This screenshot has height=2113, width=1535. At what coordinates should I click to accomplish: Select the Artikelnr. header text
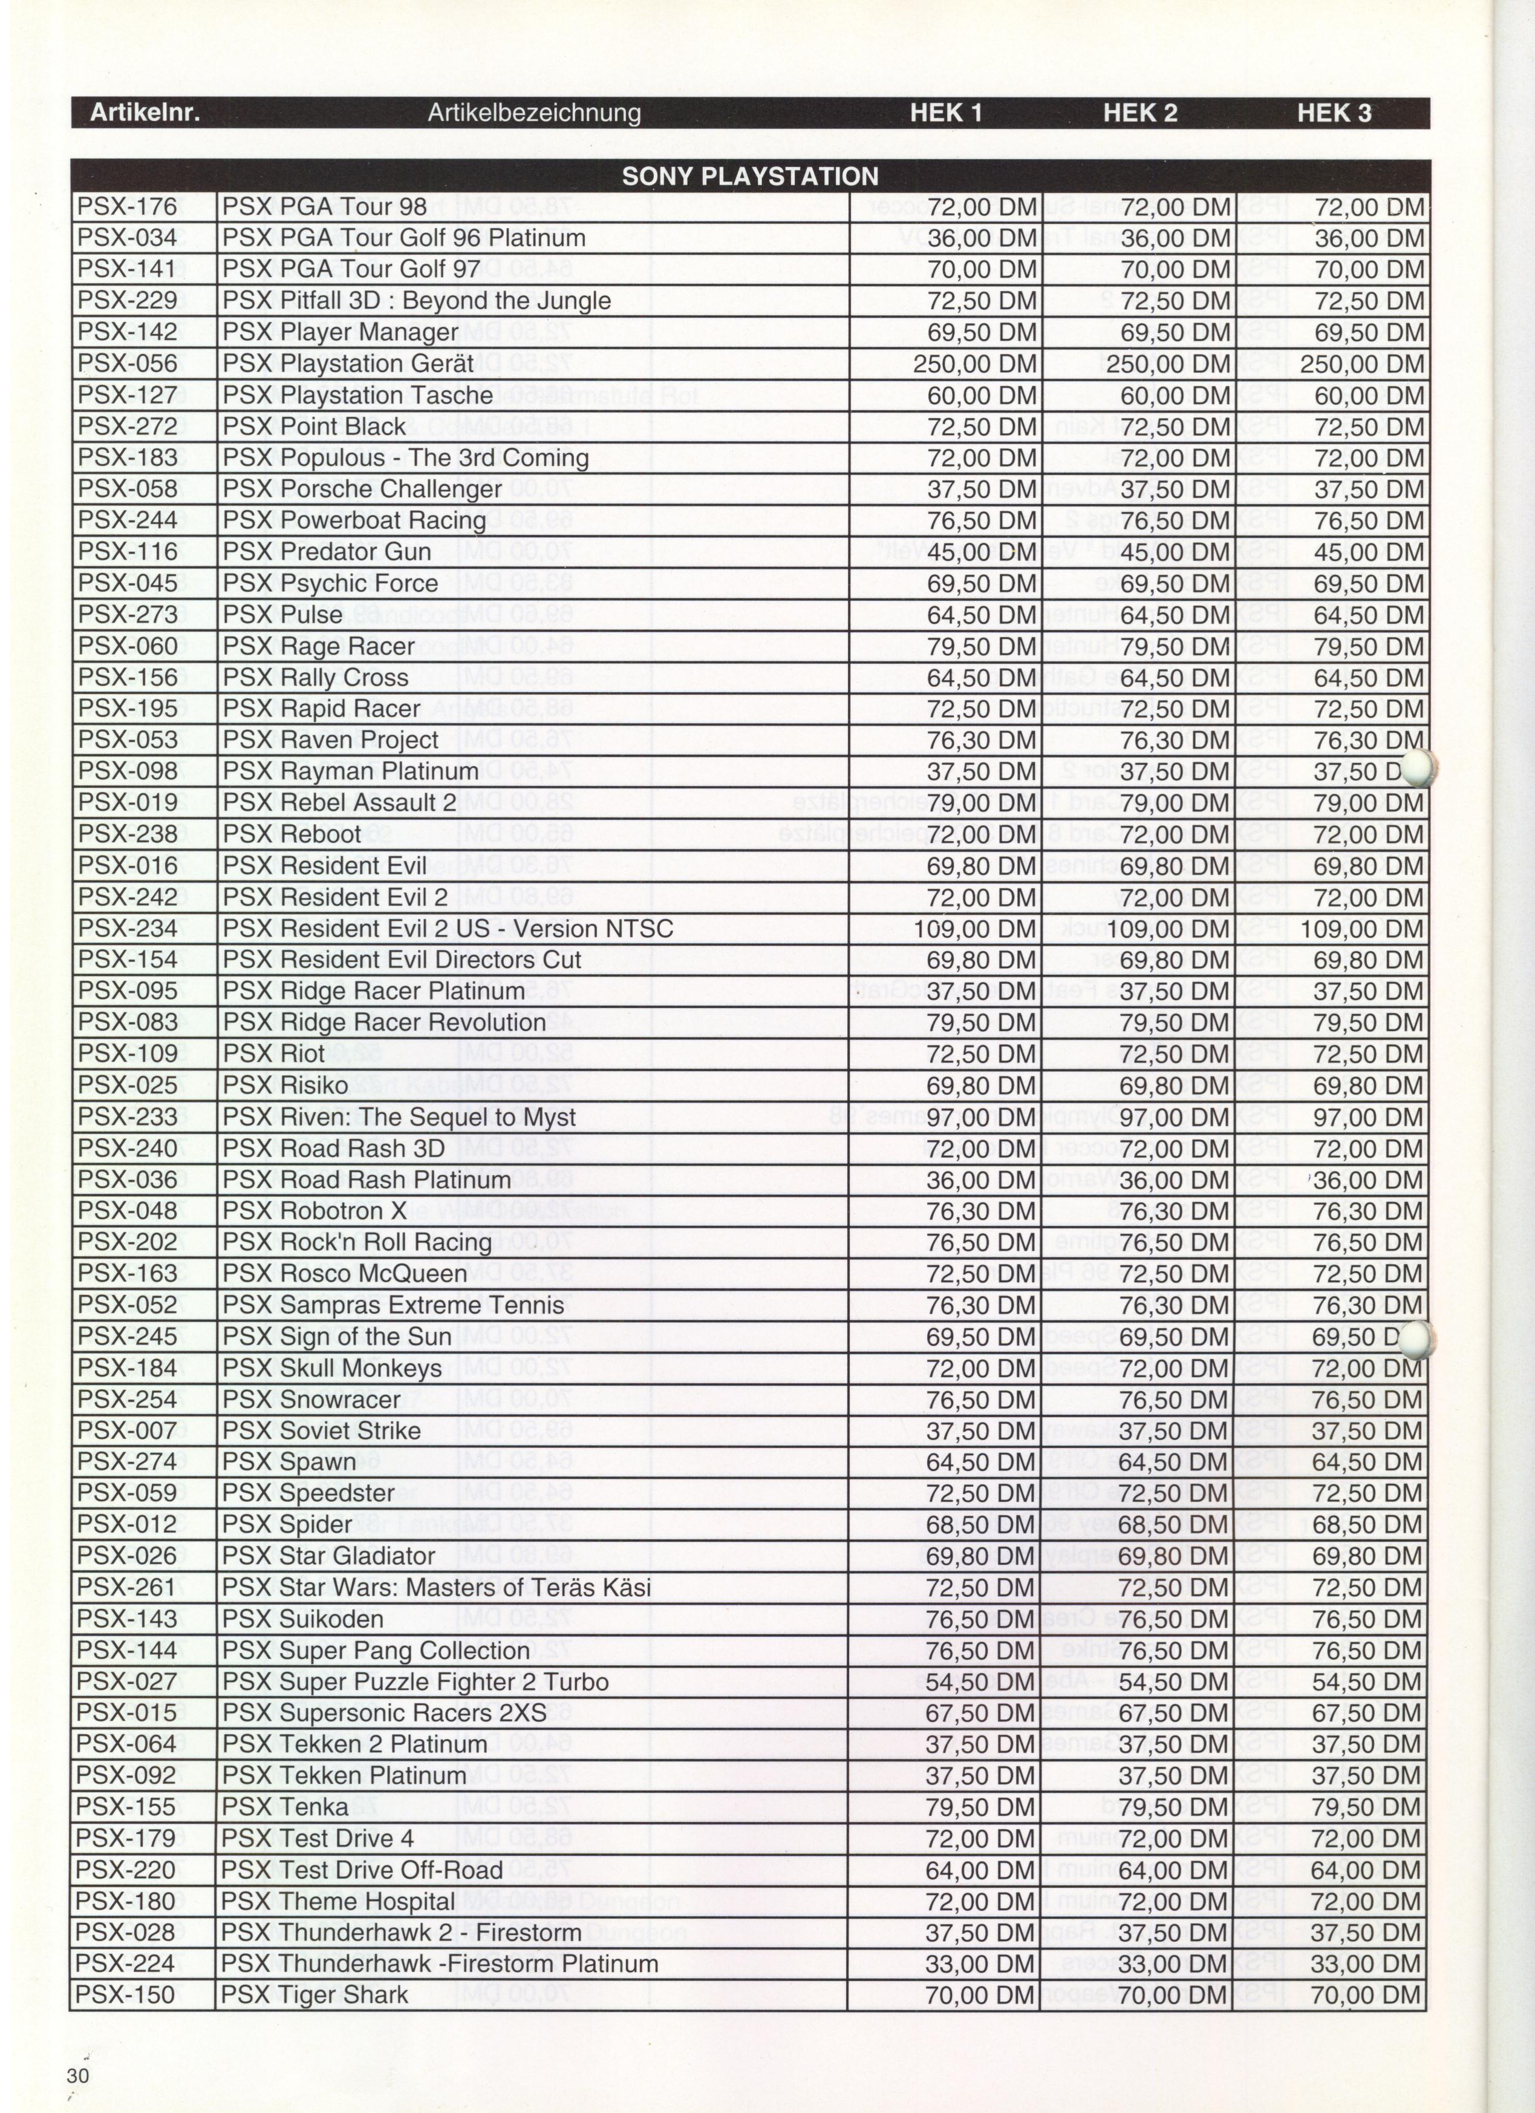pos(145,114)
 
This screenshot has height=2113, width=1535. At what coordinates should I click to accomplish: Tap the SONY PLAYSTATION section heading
pos(750,176)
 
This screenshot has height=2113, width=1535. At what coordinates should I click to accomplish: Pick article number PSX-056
pos(128,363)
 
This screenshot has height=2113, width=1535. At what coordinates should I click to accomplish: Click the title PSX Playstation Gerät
pos(347,363)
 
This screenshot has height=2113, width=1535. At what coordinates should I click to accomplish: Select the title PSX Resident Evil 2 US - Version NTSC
pos(447,929)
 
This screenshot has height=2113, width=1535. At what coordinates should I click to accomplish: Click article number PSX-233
pos(128,1117)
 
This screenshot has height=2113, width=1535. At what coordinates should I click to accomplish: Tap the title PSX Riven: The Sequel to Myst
pos(399,1117)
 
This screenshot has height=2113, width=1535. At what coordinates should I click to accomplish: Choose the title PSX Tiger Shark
pos(315,1994)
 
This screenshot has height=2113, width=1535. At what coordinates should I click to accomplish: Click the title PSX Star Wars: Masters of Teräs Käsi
pos(436,1588)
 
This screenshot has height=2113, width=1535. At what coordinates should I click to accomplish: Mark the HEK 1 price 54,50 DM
pos(980,1682)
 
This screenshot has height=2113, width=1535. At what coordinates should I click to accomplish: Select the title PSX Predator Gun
pos(327,551)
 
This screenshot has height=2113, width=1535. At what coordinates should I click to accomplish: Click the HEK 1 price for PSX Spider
pos(980,1525)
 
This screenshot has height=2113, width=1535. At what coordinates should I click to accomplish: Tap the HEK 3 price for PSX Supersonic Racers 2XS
pos(1366,1713)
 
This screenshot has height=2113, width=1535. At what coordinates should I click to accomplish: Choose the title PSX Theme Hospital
pos(338,1901)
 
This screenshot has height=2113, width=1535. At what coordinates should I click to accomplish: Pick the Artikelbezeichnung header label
pos(533,114)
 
